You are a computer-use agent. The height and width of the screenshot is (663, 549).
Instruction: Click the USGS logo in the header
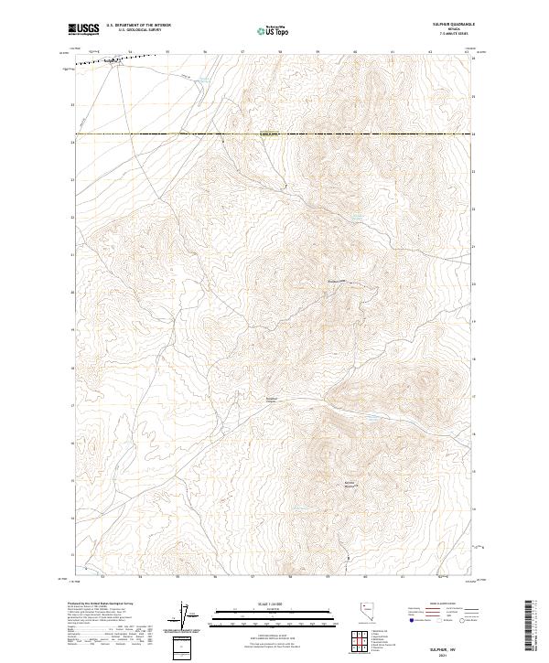point(85,30)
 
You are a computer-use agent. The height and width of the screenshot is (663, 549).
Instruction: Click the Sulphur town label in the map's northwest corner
point(113,62)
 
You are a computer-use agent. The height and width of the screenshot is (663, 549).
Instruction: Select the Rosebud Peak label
point(336,281)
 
